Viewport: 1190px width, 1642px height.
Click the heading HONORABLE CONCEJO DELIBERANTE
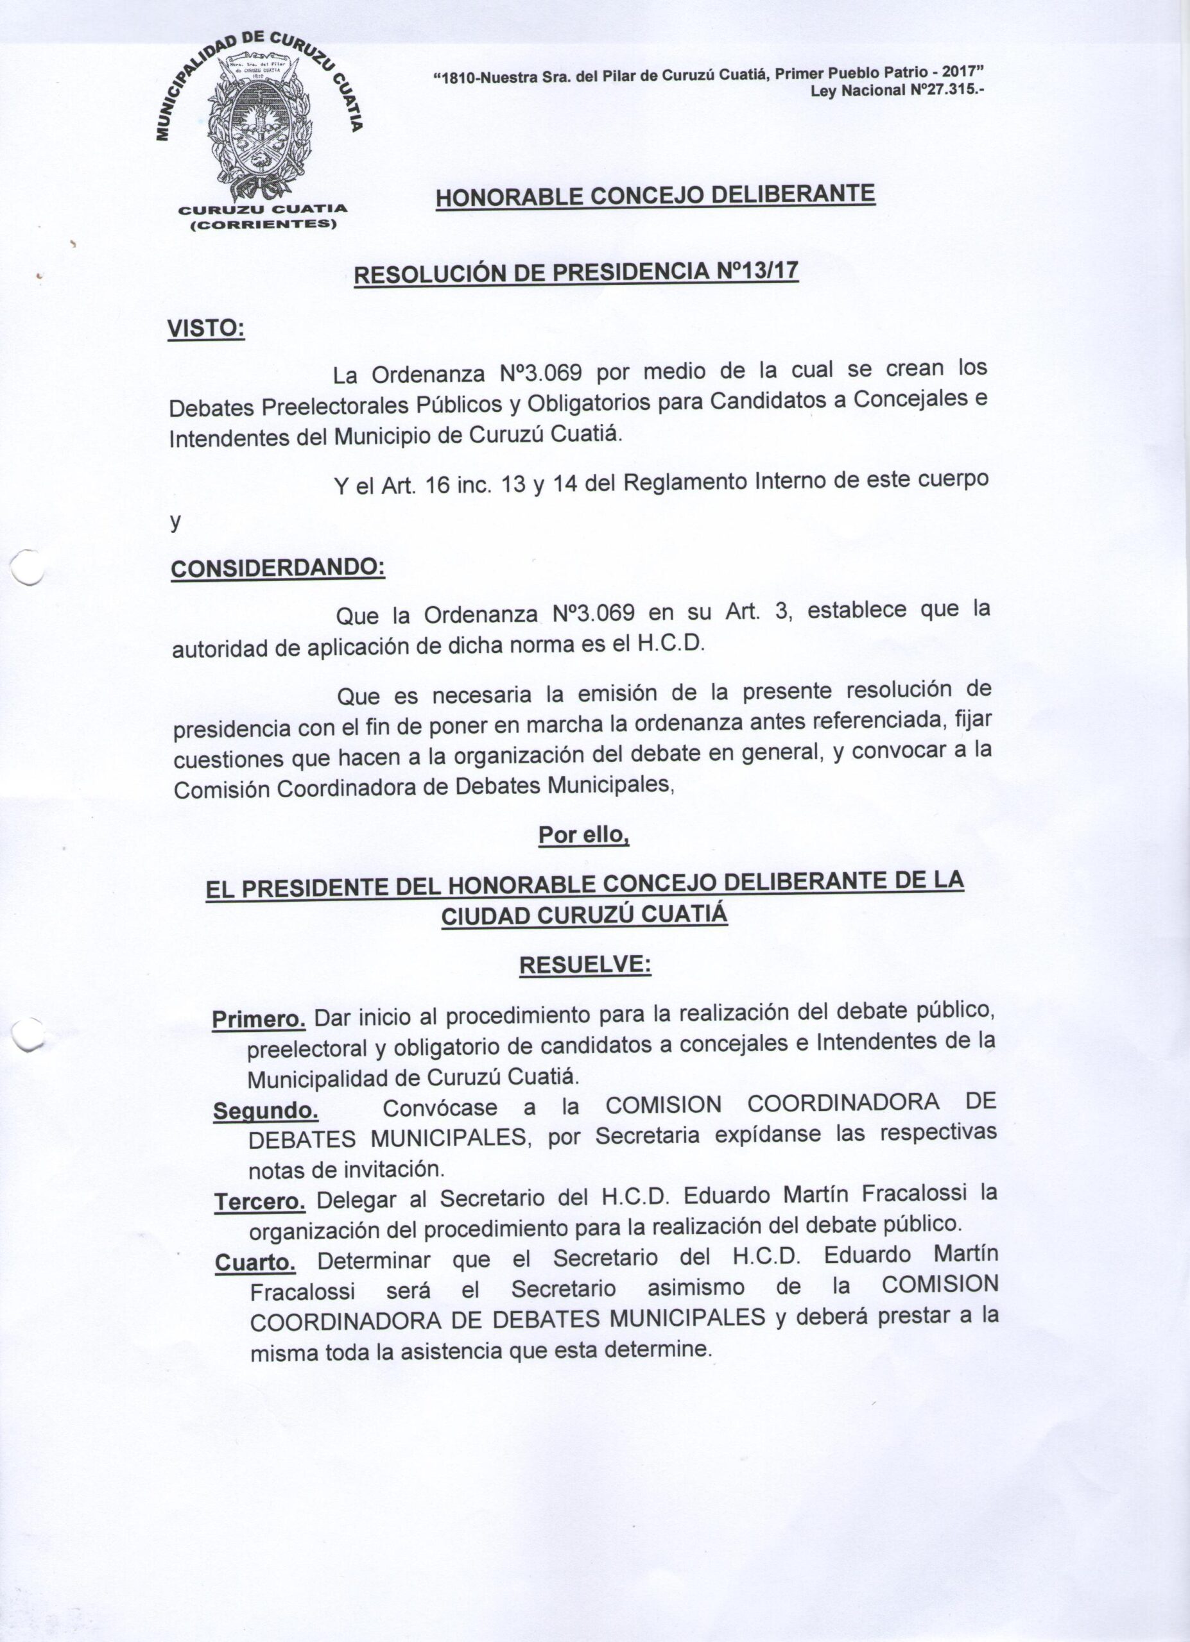655,196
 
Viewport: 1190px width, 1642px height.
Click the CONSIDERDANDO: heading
277,568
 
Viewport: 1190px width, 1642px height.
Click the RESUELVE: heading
585,965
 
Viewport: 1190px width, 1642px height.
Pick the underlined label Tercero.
260,1203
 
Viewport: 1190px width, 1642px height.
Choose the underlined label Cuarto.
255,1264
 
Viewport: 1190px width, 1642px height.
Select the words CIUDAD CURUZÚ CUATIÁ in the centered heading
584,916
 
